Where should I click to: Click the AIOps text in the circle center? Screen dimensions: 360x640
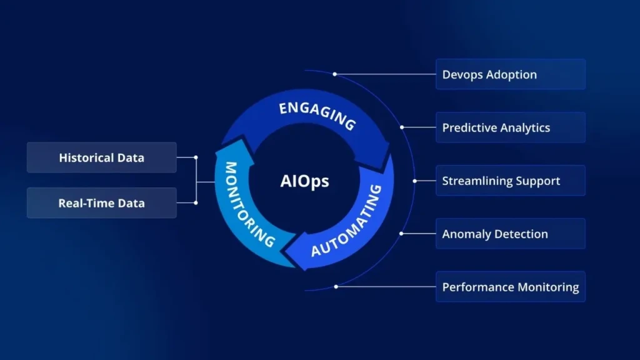coord(304,182)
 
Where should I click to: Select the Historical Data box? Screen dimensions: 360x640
coord(101,157)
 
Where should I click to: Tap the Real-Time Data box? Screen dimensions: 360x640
coord(101,203)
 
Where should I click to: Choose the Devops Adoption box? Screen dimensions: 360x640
coord(510,74)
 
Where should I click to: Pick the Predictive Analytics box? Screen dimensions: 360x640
coord(510,127)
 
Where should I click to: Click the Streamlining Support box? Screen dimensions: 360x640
coord(510,181)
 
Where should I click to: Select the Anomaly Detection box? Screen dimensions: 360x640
coord(510,234)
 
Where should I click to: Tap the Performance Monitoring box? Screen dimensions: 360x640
coord(510,287)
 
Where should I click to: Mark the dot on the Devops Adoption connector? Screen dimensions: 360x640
coord(335,74)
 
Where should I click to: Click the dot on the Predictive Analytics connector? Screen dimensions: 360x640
coord(402,127)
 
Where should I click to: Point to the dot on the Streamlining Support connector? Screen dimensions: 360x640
coord(414,181)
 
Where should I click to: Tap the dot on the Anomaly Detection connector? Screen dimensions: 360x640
coord(401,234)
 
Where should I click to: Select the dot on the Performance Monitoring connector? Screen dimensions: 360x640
coord(336,286)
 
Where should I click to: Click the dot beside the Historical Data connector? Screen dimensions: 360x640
coord(196,157)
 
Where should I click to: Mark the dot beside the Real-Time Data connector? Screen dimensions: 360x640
coord(196,203)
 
